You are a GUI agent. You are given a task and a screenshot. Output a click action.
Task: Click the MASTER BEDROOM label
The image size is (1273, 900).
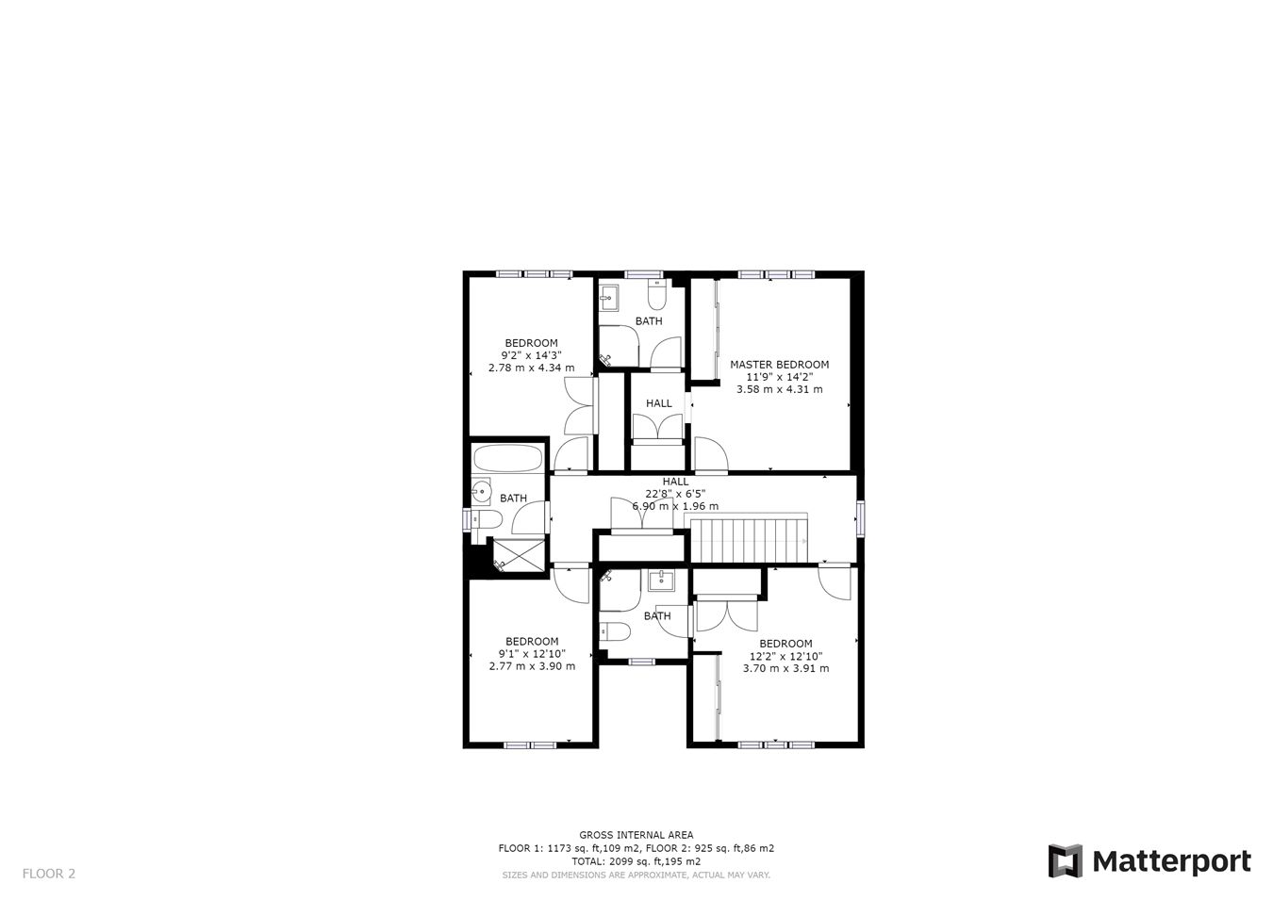779,365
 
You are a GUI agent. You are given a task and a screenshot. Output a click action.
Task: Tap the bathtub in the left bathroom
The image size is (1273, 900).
508,458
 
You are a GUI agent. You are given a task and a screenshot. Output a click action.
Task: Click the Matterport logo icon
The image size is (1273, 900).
1065,860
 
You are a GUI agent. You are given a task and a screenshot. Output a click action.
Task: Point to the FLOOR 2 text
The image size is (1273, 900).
49,874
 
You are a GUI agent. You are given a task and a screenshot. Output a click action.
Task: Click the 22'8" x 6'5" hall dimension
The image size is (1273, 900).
675,494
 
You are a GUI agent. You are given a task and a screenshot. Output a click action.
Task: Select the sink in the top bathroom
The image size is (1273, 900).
608,298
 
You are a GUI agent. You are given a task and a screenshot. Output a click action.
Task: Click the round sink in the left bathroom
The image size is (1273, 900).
482,491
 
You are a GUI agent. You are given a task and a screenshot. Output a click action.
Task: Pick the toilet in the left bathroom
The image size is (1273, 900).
487,519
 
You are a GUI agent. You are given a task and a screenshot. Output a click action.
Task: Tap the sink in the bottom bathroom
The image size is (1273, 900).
662,581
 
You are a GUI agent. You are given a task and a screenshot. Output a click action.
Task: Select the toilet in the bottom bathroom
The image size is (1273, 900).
616,631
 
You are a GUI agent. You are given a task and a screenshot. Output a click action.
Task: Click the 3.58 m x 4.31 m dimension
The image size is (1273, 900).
779,389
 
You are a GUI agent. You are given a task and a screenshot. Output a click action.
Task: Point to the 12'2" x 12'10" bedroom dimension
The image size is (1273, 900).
786,656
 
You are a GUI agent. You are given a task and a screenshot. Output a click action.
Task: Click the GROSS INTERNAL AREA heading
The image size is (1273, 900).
636,835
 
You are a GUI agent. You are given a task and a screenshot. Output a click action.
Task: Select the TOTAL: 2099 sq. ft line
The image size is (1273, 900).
636,861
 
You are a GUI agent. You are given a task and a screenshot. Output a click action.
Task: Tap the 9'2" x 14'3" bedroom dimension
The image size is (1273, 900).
532,355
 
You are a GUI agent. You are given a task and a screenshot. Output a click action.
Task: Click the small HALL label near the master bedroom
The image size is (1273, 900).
659,403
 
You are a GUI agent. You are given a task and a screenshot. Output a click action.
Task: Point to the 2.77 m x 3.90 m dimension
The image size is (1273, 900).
532,666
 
